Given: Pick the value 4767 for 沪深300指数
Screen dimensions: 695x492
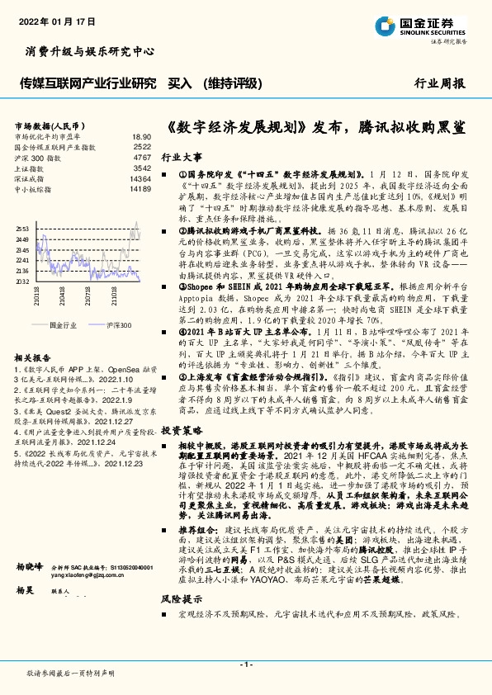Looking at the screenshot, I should pos(142,157).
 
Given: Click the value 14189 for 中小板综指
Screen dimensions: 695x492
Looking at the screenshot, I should pos(140,189).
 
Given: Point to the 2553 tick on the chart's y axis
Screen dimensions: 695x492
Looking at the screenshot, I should pos(22,228).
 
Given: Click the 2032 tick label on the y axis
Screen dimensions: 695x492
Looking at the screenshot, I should pos(22,281).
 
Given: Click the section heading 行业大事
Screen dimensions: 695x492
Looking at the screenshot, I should pos(182,156).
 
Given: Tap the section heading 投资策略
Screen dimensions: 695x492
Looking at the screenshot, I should pos(182,430).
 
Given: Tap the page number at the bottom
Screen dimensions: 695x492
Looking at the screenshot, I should pos(245,664).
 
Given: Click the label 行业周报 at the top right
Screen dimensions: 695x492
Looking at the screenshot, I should pos(439,83).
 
